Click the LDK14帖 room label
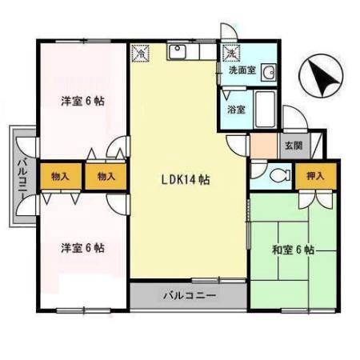pos(183,180)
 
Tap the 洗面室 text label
pos(242,70)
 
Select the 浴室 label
pos(235,108)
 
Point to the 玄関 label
pos(293,146)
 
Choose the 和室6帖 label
pos(293,250)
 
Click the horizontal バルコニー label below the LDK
pos(190,295)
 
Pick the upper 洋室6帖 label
pos(82,102)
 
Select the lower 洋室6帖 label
pos(82,247)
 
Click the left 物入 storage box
pos(59,176)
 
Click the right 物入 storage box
pos(106,176)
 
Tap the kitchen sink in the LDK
pos(177,53)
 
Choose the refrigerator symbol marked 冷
pos(140,54)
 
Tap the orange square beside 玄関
pos(262,146)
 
